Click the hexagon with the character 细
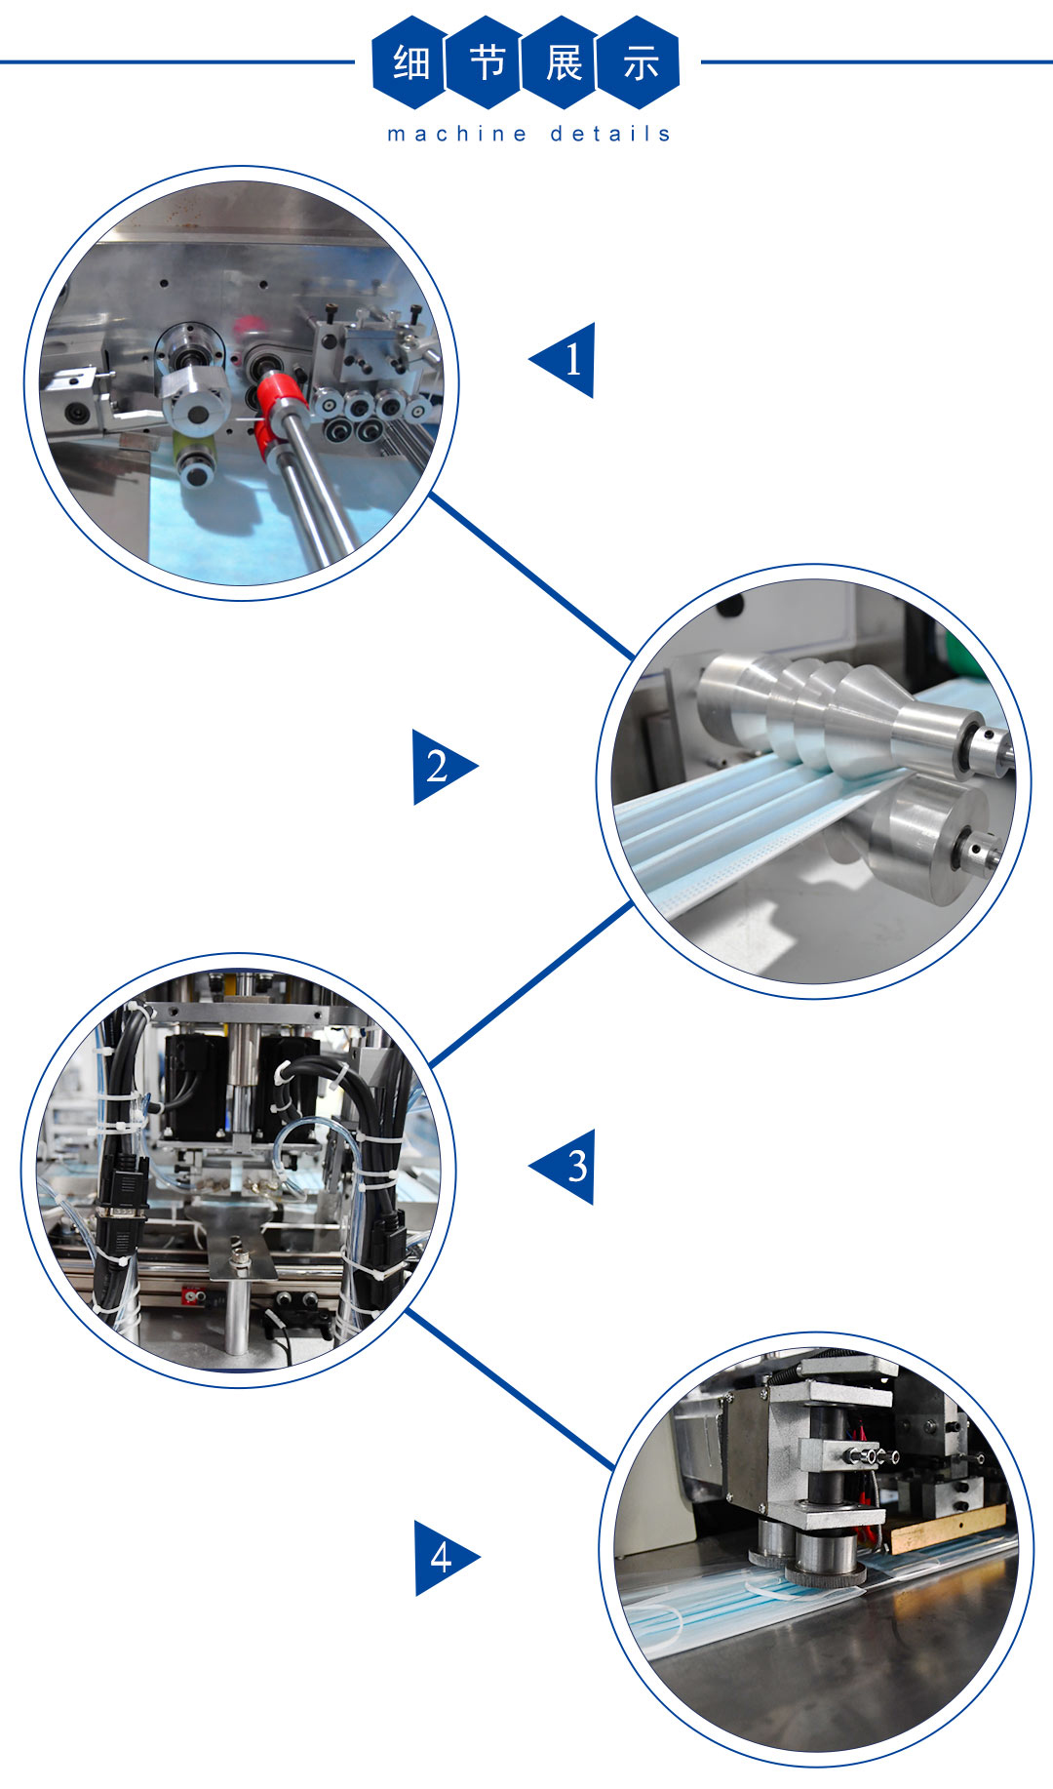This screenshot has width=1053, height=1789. coord(410,62)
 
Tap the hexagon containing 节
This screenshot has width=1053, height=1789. coord(487,62)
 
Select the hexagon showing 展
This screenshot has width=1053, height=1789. coord(563,62)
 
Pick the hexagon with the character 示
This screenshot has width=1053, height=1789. coord(640,62)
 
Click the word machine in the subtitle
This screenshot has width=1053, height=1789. coord(457,134)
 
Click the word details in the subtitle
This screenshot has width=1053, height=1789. coord(610,134)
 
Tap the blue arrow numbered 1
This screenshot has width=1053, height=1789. coord(563,360)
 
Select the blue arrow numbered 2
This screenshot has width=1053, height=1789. coord(445,767)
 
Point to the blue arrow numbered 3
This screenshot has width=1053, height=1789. coord(563,1167)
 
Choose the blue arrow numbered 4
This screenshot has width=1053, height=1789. coord(446,1558)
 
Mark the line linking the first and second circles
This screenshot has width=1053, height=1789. coord(531,576)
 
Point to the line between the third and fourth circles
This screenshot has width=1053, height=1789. coord(510,1389)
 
